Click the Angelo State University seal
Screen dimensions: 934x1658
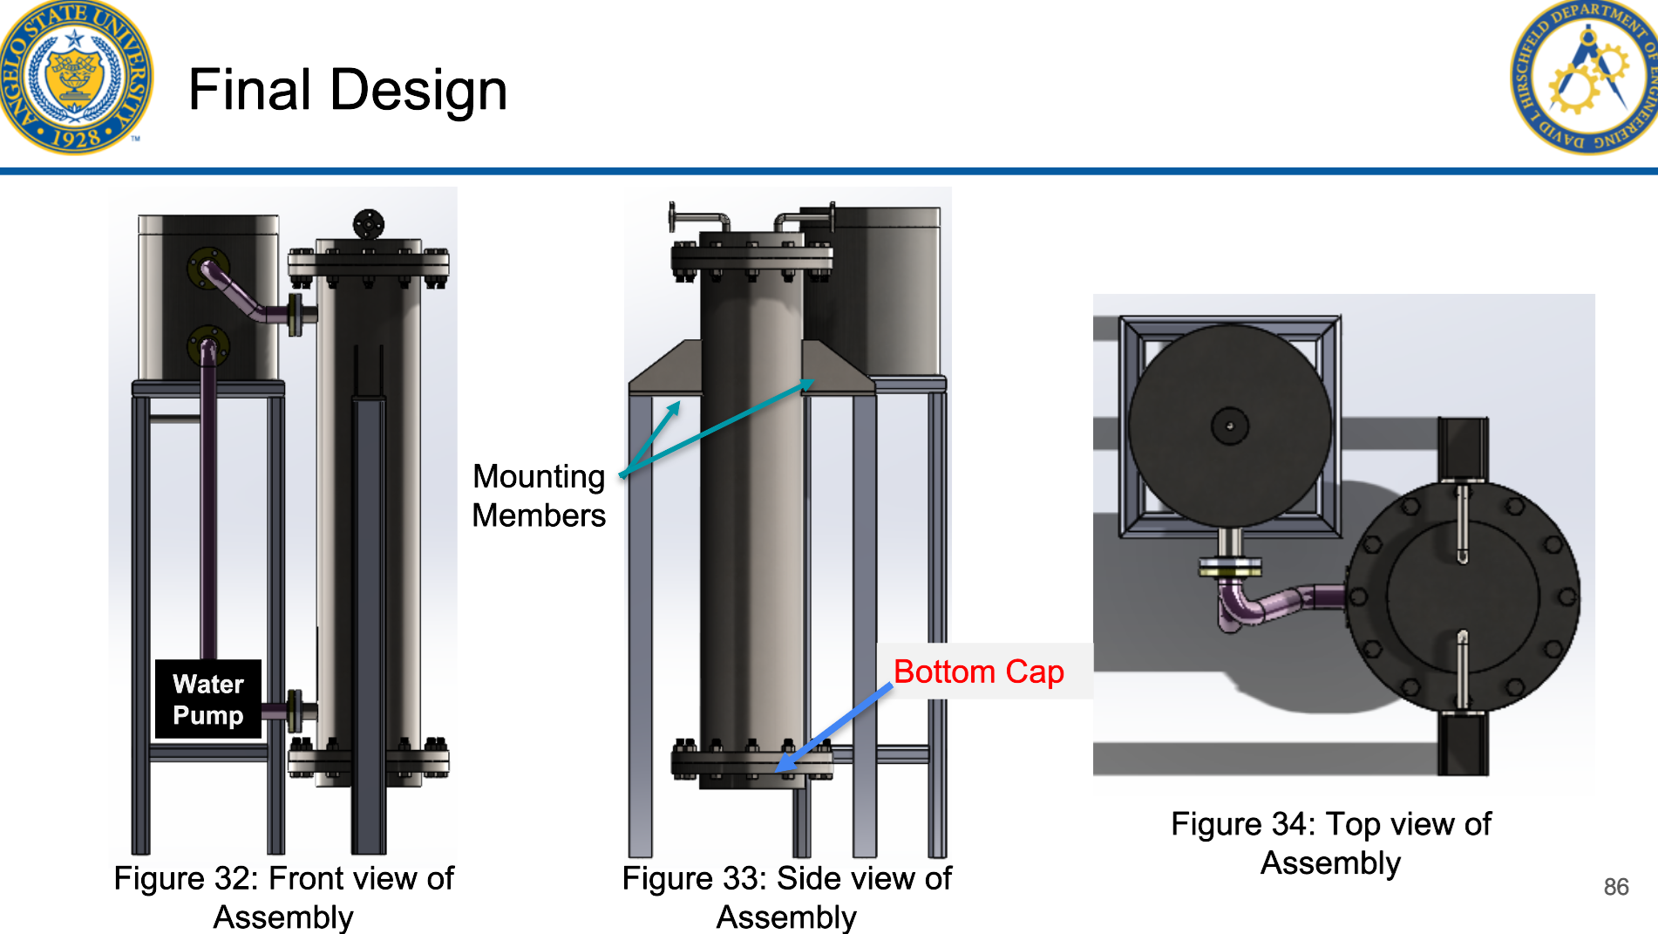[x=76, y=77]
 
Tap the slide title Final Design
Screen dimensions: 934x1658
[x=347, y=90]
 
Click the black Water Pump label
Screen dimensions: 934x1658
[x=208, y=699]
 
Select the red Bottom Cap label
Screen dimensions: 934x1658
[x=978, y=672]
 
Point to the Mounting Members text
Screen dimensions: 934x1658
[x=539, y=495]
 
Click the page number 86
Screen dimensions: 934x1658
[x=1615, y=887]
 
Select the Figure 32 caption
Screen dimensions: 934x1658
[x=283, y=897]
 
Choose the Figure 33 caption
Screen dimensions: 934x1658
[x=786, y=897]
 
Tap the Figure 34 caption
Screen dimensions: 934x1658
[x=1330, y=842]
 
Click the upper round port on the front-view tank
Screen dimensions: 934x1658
[x=208, y=268]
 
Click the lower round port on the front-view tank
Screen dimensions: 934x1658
[x=208, y=345]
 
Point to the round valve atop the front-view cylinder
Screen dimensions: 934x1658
[x=369, y=224]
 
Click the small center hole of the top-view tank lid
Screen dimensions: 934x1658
[x=1230, y=426]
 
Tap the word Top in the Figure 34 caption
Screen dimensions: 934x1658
[x=1354, y=824]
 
